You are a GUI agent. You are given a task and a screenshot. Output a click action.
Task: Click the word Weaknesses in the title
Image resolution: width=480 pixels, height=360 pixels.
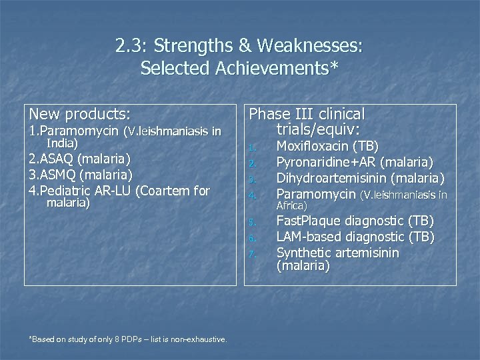pyautogui.click(x=311, y=47)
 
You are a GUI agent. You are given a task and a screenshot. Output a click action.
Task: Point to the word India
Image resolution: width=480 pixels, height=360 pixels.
pyautogui.click(x=62, y=143)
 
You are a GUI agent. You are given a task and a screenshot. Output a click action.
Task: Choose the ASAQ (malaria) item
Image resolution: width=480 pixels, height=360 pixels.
pyautogui.click(x=79, y=159)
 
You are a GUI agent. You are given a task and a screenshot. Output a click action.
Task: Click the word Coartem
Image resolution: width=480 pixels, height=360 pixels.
pyautogui.click(x=162, y=191)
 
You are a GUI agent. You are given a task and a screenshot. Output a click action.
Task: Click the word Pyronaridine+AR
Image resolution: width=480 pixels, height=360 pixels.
pyautogui.click(x=326, y=162)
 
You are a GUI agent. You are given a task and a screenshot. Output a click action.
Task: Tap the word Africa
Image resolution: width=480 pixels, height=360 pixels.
pyautogui.click(x=291, y=206)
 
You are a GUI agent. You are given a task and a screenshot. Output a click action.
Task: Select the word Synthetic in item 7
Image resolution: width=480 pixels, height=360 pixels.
pyautogui.click(x=305, y=253)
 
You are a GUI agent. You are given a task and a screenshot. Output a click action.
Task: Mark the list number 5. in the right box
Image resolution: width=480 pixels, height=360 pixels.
pyautogui.click(x=252, y=222)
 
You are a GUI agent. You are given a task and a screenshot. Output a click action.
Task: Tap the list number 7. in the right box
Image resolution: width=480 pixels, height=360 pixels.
pyautogui.click(x=252, y=254)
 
